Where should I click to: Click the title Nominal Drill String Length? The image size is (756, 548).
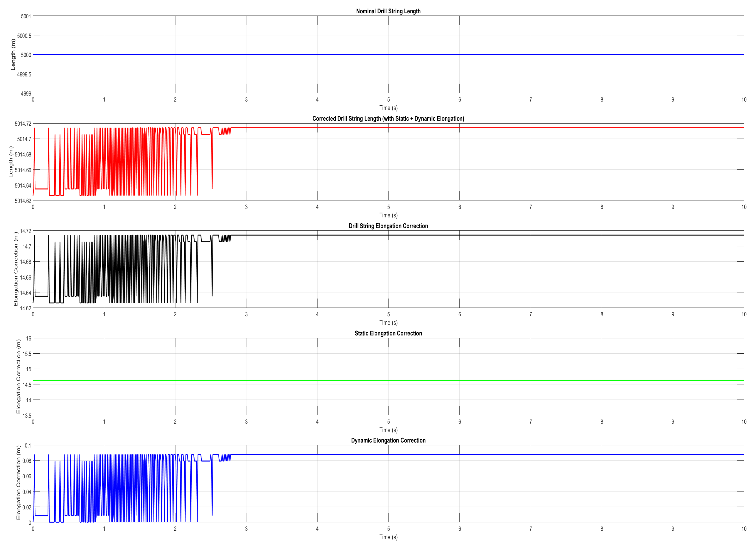point(388,11)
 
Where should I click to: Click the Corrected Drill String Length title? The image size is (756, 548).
point(388,118)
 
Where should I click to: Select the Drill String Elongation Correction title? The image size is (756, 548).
point(388,226)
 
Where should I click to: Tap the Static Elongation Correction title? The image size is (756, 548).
point(388,333)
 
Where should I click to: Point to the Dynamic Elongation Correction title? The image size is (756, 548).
point(388,441)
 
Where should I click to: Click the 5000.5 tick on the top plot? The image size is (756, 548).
point(24,36)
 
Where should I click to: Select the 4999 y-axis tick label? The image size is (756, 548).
point(26,93)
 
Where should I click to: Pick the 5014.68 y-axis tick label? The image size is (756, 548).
point(23,155)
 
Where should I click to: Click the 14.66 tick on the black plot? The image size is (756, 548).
point(25,277)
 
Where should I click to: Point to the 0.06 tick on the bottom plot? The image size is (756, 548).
point(27,476)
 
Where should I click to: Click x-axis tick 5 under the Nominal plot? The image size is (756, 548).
point(388,99)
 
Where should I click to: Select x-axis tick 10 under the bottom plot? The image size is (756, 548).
point(744,529)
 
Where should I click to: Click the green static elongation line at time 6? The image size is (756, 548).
point(459,381)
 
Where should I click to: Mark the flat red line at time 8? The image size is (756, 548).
point(602,128)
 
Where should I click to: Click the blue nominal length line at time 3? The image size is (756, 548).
point(246,54)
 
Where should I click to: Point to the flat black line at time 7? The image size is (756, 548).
point(531,235)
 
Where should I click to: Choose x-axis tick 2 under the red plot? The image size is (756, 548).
point(175,207)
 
